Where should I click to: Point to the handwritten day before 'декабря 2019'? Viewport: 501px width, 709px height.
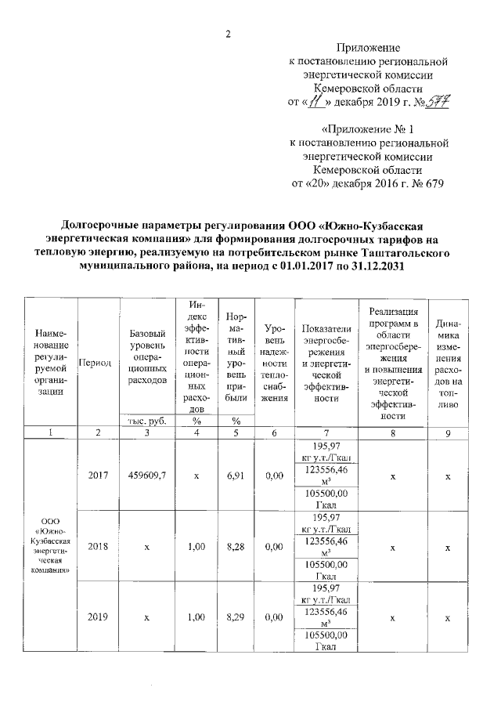(x=315, y=102)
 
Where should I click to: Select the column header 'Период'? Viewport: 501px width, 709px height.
(x=99, y=364)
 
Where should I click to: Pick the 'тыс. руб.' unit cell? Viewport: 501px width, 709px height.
(x=147, y=421)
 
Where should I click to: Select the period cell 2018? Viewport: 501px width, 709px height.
(x=99, y=547)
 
